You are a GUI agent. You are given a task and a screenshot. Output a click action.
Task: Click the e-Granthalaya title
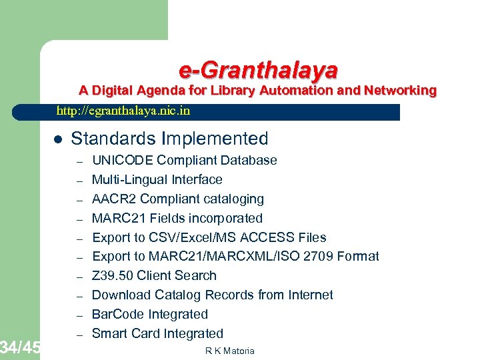(258, 69)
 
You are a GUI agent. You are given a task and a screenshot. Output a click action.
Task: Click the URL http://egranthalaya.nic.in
(123, 111)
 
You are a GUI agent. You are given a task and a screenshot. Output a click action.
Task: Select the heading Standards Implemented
(169, 139)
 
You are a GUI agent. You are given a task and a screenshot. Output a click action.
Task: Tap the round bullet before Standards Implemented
(57, 139)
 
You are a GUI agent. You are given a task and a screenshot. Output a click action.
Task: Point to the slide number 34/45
(20, 347)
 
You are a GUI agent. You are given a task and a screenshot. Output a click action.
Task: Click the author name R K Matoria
(230, 351)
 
